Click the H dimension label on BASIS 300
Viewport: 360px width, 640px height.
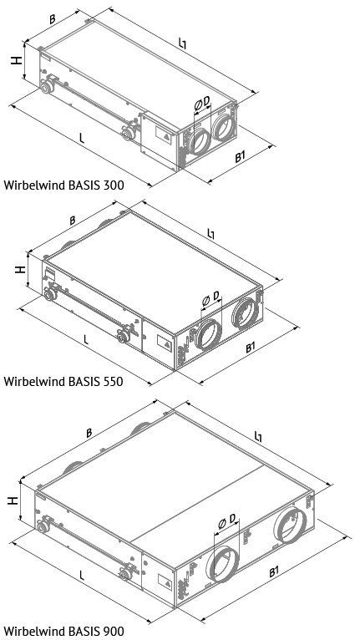click(17, 60)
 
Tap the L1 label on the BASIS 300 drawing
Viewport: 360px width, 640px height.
click(182, 43)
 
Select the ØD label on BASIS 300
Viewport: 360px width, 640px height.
click(202, 102)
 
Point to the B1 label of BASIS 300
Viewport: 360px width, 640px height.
click(240, 157)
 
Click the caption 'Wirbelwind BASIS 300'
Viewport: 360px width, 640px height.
click(63, 185)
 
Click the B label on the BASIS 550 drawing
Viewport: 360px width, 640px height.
click(72, 221)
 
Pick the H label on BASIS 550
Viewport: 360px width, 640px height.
click(20, 269)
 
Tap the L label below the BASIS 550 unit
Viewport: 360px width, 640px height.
click(86, 339)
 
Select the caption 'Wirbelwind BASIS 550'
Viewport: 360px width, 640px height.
click(63, 382)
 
